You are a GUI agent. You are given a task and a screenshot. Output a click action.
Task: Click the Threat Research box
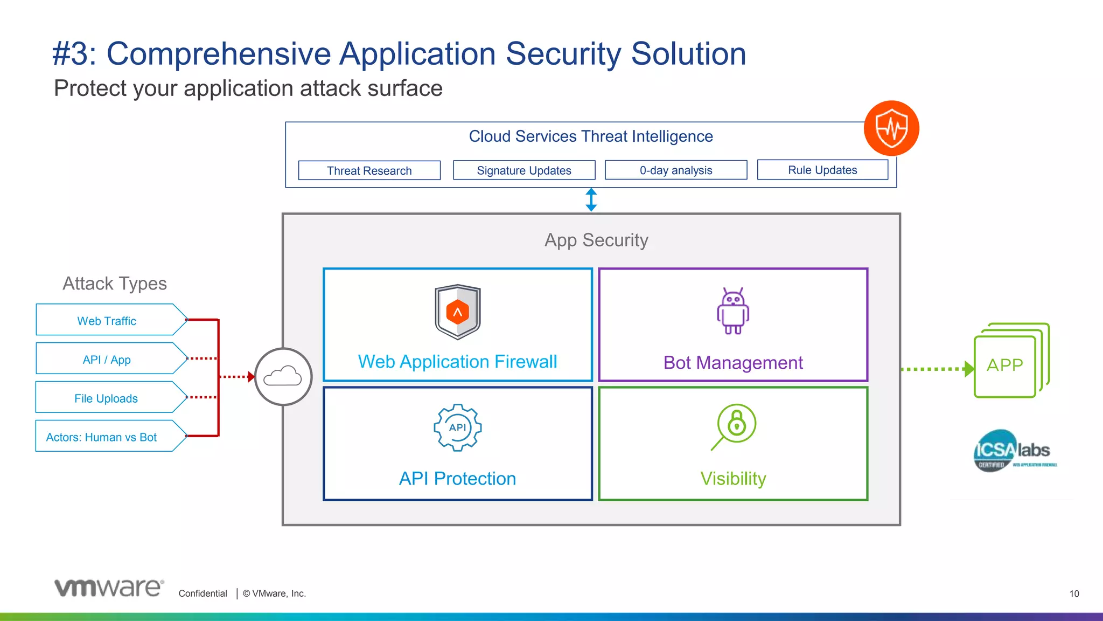click(369, 170)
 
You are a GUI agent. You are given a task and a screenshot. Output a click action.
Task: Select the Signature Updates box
click(524, 170)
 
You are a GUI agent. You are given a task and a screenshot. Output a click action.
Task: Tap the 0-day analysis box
click(676, 170)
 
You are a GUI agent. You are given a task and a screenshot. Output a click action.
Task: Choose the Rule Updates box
click(822, 170)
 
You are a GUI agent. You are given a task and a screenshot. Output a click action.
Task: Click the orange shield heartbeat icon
click(891, 128)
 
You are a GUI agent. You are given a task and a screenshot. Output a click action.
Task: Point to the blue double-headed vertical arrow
click(591, 199)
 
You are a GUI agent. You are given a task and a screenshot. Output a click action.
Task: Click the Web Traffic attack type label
click(107, 321)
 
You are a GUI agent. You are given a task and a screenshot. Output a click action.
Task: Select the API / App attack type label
click(107, 360)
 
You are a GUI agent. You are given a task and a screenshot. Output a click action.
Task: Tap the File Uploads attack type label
click(106, 398)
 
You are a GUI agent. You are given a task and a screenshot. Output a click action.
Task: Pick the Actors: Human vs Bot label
click(102, 437)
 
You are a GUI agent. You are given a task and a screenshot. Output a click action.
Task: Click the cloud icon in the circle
click(283, 376)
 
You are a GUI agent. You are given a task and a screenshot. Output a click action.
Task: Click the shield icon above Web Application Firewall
click(458, 312)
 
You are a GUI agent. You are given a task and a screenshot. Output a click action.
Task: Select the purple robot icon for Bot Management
click(733, 311)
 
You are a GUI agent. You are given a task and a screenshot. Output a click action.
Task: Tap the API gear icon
click(458, 427)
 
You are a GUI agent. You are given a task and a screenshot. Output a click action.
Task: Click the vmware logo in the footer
click(109, 588)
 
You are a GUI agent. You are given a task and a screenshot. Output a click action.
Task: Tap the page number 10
click(1074, 594)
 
